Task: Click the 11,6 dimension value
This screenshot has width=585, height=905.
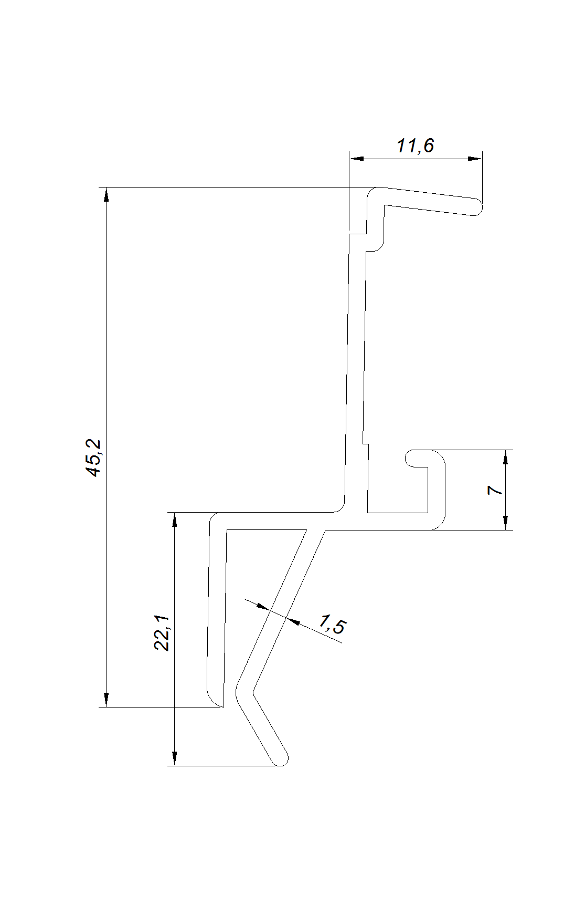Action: tap(415, 145)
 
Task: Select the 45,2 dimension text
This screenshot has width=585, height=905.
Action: tap(95, 458)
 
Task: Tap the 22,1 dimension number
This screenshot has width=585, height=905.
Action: tap(163, 632)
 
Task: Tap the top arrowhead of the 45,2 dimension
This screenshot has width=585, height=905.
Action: tap(107, 194)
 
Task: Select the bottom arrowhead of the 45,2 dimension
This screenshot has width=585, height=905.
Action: tap(107, 700)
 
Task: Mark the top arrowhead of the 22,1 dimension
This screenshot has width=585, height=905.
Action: tap(175, 519)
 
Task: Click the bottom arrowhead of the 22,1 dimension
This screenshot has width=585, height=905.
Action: tap(175, 758)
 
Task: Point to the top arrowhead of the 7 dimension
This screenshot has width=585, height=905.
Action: tap(505, 457)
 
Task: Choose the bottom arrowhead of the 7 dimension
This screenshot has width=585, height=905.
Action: tap(505, 523)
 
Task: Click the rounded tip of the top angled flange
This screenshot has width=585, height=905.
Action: tap(476, 207)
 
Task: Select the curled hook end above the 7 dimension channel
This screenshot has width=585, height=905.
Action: tap(412, 459)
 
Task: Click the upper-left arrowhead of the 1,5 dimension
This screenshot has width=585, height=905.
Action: tap(262, 607)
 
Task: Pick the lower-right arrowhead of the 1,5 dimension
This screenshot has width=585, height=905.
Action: tap(293, 622)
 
